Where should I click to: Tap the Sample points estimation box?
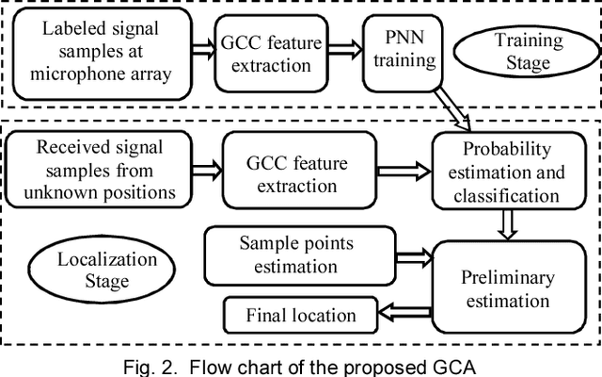296,255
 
